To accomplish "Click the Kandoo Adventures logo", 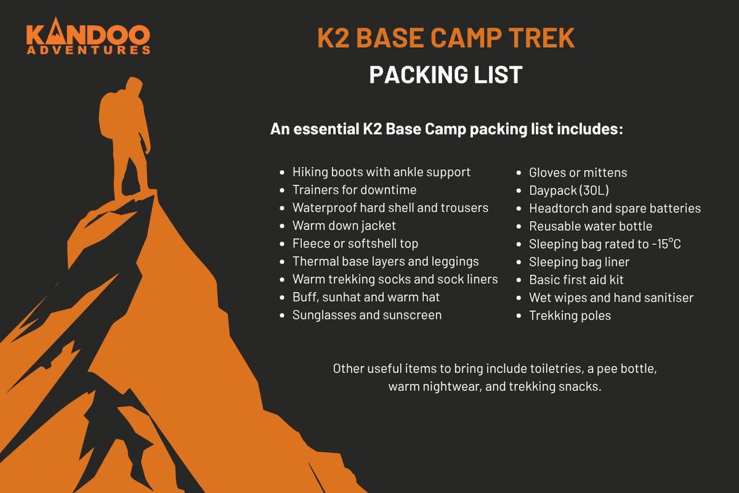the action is pos(88,36).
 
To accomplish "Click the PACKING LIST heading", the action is pos(445,75).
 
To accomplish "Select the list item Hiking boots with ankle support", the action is pos(381,172).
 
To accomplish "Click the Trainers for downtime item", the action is pos(354,189).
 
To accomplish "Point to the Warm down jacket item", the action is pos(344,226).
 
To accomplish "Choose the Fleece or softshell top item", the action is pos(355,244).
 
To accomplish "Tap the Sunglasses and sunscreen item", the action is pos(367,314).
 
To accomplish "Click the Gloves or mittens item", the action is pos(578,172).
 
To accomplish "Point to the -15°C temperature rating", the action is pos(666,244).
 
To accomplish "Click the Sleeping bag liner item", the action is pos(579,262).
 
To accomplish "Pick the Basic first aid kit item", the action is pos(576,280).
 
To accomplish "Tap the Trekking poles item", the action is pos(570,316).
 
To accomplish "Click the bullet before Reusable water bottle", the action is pos(519,226).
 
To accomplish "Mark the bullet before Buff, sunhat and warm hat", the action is pos(282,297).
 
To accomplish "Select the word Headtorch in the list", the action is pos(554,208).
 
